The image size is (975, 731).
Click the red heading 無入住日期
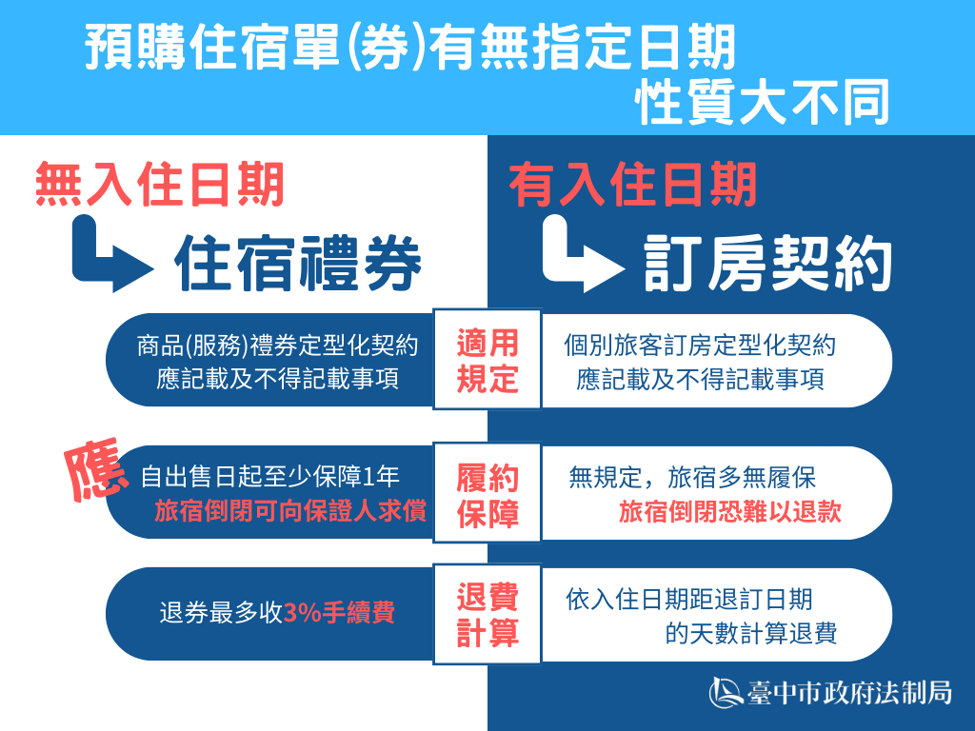(160, 184)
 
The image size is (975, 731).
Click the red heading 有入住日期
(633, 184)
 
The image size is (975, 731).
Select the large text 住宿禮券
(298, 264)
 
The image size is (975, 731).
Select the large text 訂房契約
(768, 264)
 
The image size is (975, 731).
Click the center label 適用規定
(487, 361)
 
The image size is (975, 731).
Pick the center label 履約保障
(487, 495)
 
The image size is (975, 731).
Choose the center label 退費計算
(487, 615)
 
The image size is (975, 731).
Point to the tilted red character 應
(96, 470)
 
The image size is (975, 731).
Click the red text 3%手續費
(340, 613)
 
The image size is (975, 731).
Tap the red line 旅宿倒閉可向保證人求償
(290, 511)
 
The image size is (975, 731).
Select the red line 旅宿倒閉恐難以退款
(730, 512)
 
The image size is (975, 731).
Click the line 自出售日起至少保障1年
(269, 477)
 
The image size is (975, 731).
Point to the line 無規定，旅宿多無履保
(692, 478)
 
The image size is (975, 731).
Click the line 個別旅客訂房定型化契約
(700, 345)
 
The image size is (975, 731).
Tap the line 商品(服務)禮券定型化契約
(277, 345)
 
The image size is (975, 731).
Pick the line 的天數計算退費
(751, 633)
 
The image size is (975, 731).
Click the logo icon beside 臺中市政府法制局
(725, 692)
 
